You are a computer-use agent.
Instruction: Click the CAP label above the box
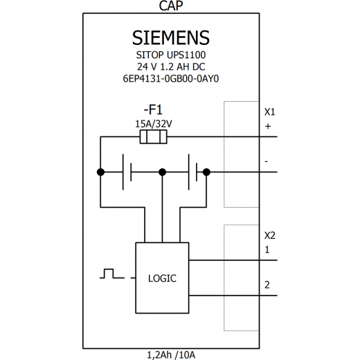point(171,6)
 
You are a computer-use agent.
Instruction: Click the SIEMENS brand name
point(171,38)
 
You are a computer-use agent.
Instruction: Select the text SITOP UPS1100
point(171,55)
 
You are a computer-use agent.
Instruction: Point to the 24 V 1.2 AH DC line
point(171,67)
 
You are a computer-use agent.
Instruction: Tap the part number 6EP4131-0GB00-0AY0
point(171,79)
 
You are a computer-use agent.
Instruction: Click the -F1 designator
point(153,109)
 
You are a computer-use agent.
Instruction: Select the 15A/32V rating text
point(154,124)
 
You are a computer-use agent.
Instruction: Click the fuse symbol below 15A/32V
point(154,137)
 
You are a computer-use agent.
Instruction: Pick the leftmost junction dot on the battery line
point(100,172)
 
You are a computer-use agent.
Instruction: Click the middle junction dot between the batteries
point(163,172)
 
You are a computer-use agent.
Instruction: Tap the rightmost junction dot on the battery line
point(206,172)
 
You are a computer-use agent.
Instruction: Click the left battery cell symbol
point(127,172)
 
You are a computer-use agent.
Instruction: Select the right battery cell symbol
point(193,172)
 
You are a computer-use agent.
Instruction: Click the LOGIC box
point(162,278)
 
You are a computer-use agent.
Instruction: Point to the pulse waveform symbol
point(112,273)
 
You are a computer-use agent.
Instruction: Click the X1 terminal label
point(270,112)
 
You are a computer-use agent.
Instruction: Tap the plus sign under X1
point(268,127)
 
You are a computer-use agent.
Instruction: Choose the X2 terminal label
point(270,235)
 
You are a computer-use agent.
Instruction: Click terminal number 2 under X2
point(267,285)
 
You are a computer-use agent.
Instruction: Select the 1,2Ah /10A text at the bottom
point(171,355)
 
